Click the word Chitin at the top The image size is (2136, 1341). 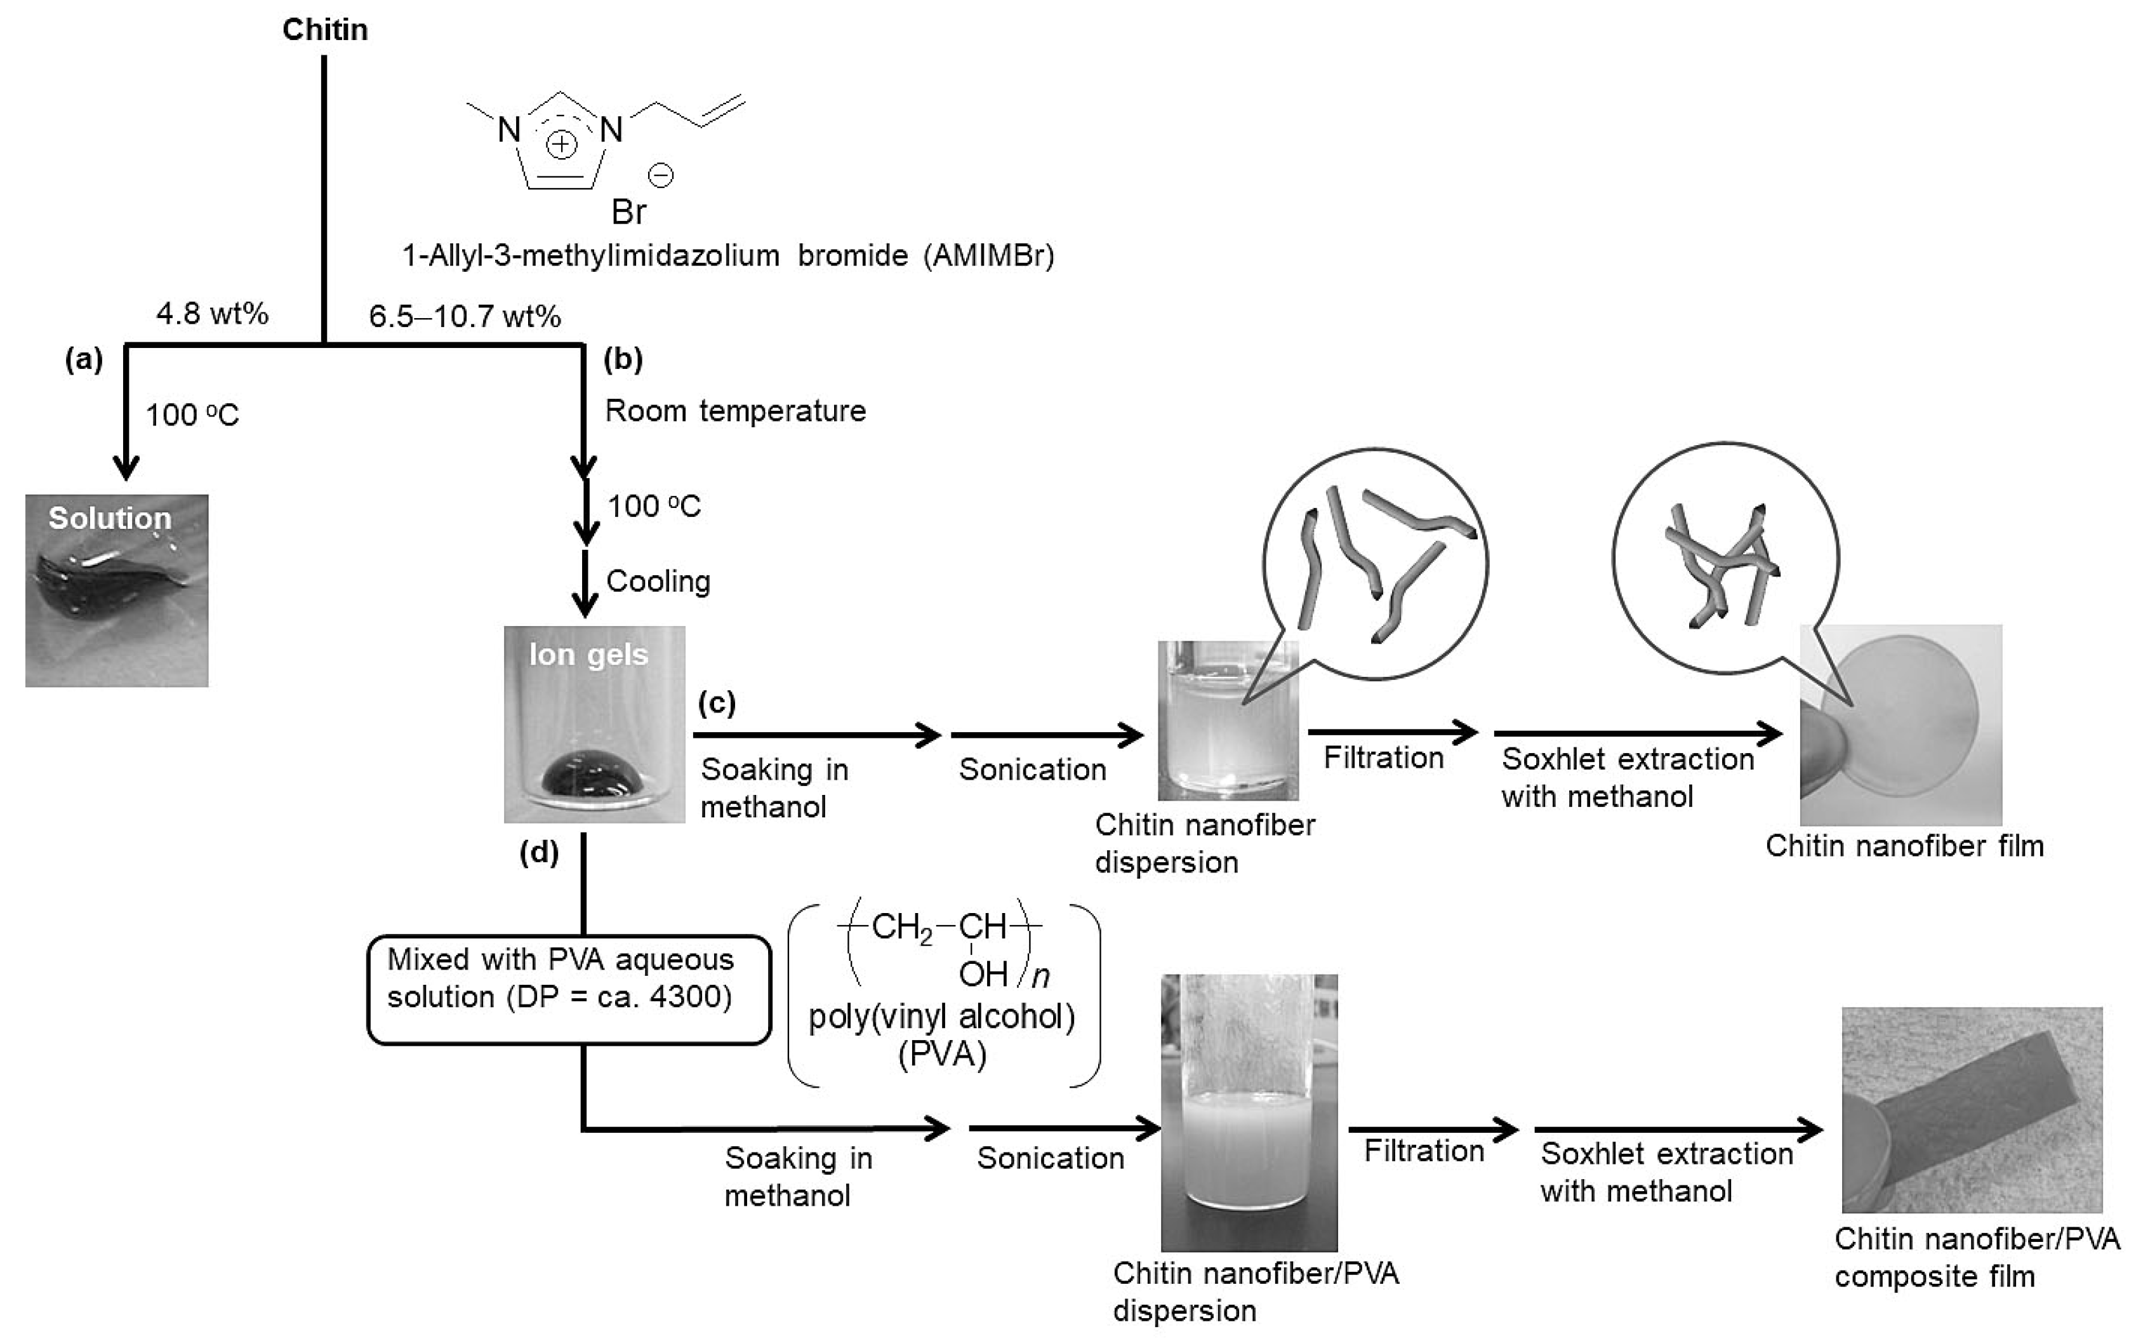(x=324, y=29)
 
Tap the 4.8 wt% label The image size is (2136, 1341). (x=212, y=314)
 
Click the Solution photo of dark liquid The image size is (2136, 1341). (x=116, y=590)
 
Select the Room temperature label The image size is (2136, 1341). (x=735, y=411)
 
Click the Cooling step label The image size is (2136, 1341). (x=658, y=582)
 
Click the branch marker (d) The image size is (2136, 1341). (x=539, y=852)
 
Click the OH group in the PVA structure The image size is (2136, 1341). (x=983, y=975)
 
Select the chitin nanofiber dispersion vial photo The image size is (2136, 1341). (x=1228, y=720)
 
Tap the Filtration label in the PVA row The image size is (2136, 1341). (x=1423, y=1151)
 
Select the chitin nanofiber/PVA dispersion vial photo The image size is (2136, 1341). (x=1249, y=1113)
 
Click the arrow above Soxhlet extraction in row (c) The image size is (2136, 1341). (x=1637, y=733)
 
